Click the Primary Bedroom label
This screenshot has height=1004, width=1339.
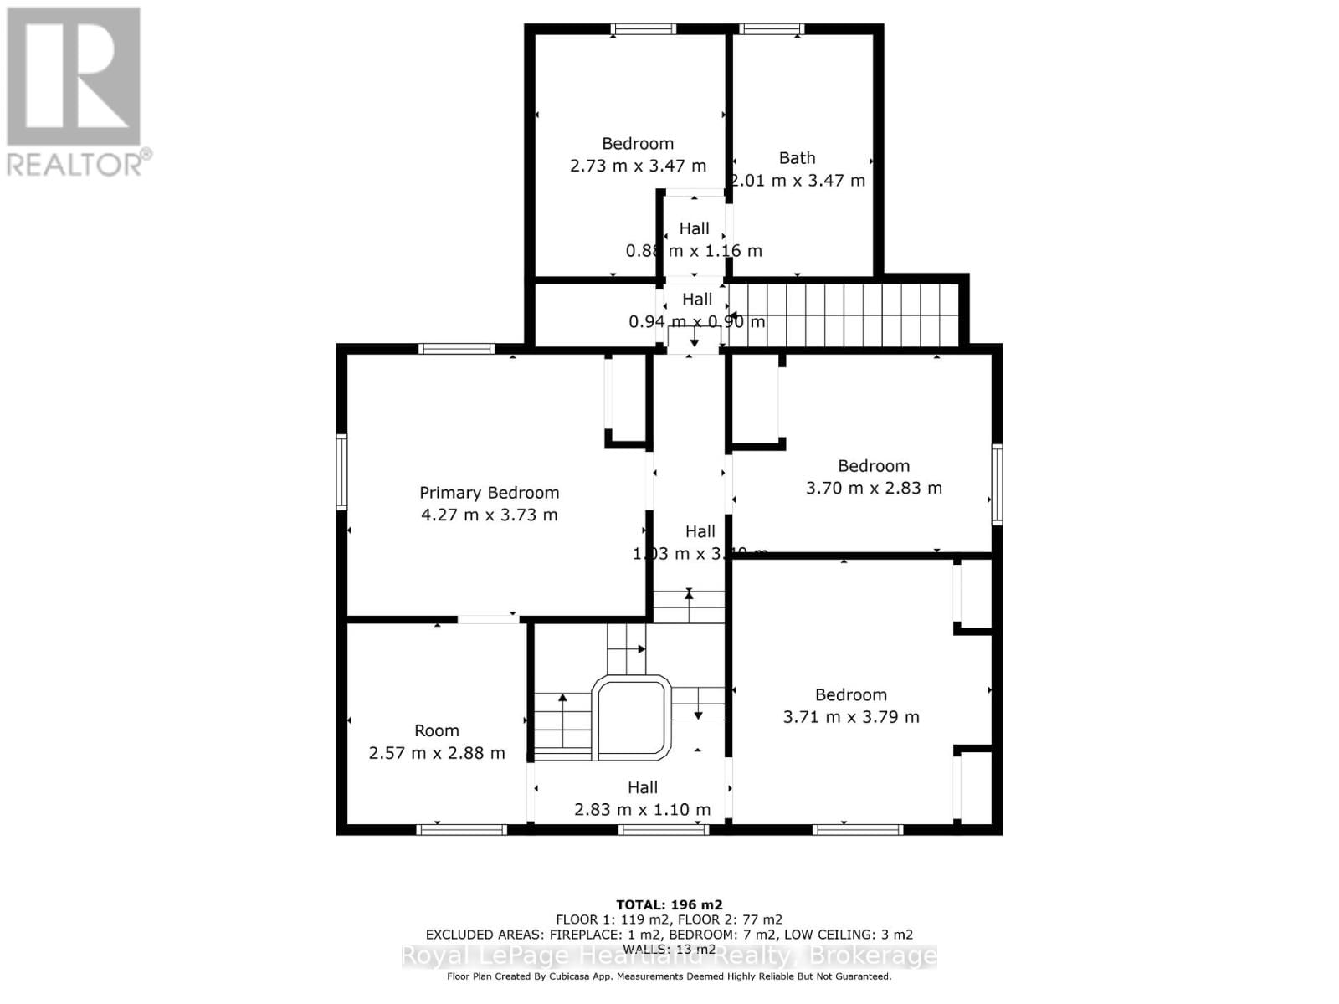[x=489, y=493]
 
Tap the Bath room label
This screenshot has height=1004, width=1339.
[x=797, y=158]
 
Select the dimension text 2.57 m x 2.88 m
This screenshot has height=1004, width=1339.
[x=437, y=753]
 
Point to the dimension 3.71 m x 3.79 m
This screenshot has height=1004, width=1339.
[x=851, y=717]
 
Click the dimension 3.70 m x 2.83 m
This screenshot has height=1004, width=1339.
[x=874, y=488]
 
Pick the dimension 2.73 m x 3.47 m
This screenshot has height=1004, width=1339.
[x=638, y=166]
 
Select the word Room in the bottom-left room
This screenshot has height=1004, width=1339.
[x=437, y=730]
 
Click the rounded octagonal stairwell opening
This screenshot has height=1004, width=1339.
[x=632, y=718]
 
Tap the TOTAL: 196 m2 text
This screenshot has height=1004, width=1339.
[x=669, y=904]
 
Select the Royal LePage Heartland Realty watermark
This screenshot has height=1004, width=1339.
[x=669, y=955]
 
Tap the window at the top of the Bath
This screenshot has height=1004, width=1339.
[x=771, y=29]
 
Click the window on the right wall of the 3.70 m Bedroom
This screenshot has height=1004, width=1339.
[x=997, y=484]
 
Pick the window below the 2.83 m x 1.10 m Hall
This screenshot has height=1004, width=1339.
[x=664, y=829]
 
